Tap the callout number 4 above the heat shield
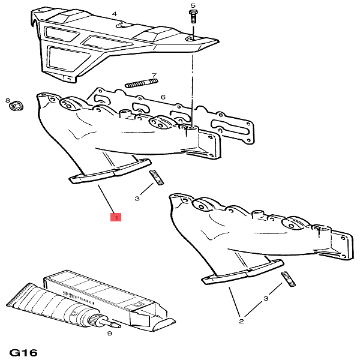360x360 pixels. pos(114,14)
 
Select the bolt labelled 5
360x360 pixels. pos(193,17)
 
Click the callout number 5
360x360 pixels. pos(193,5)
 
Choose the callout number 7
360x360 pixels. pos(154,76)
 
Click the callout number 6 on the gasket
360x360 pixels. pos(163,97)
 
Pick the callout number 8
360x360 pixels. pos(7,100)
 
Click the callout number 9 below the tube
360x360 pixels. pos(110,333)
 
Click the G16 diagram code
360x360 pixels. pos(23,352)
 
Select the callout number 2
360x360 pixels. pos(241,322)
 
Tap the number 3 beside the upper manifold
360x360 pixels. pos(137,198)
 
